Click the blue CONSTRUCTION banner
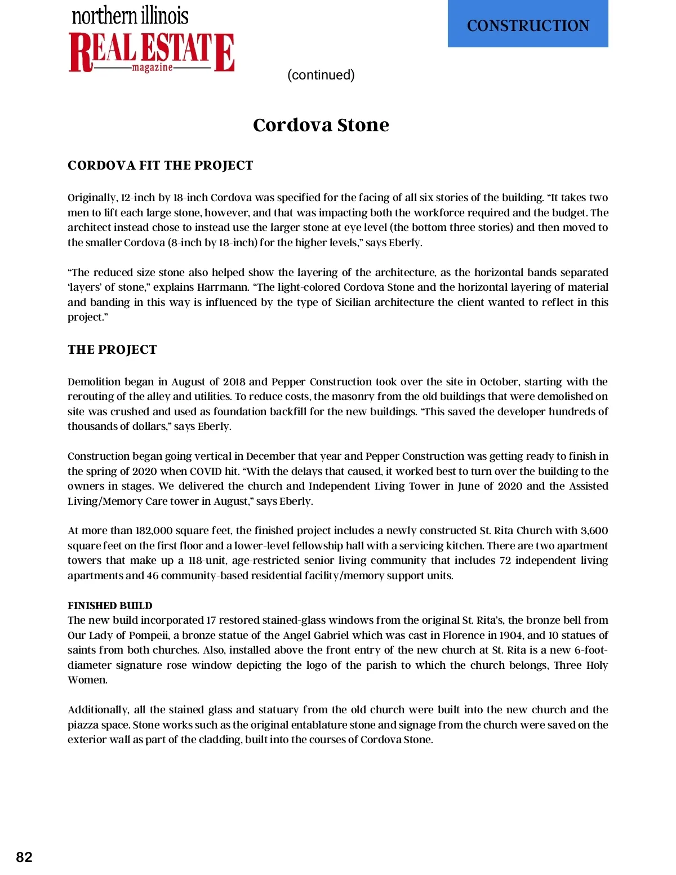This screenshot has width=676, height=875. coord(528,24)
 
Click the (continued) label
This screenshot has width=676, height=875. coord(321,75)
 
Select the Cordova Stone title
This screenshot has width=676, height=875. coord(321,125)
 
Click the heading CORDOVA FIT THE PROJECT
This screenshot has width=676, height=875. coord(160,165)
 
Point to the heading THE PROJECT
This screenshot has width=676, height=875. coord(112,349)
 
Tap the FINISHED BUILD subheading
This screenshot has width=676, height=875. coord(110,606)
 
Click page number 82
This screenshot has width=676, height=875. coord(24,857)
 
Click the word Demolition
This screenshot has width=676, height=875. coord(94,382)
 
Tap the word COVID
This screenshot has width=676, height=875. coord(206,472)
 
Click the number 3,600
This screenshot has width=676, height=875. coord(594,531)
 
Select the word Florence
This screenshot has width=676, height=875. coord(465,636)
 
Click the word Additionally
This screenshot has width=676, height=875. coord(99,710)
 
